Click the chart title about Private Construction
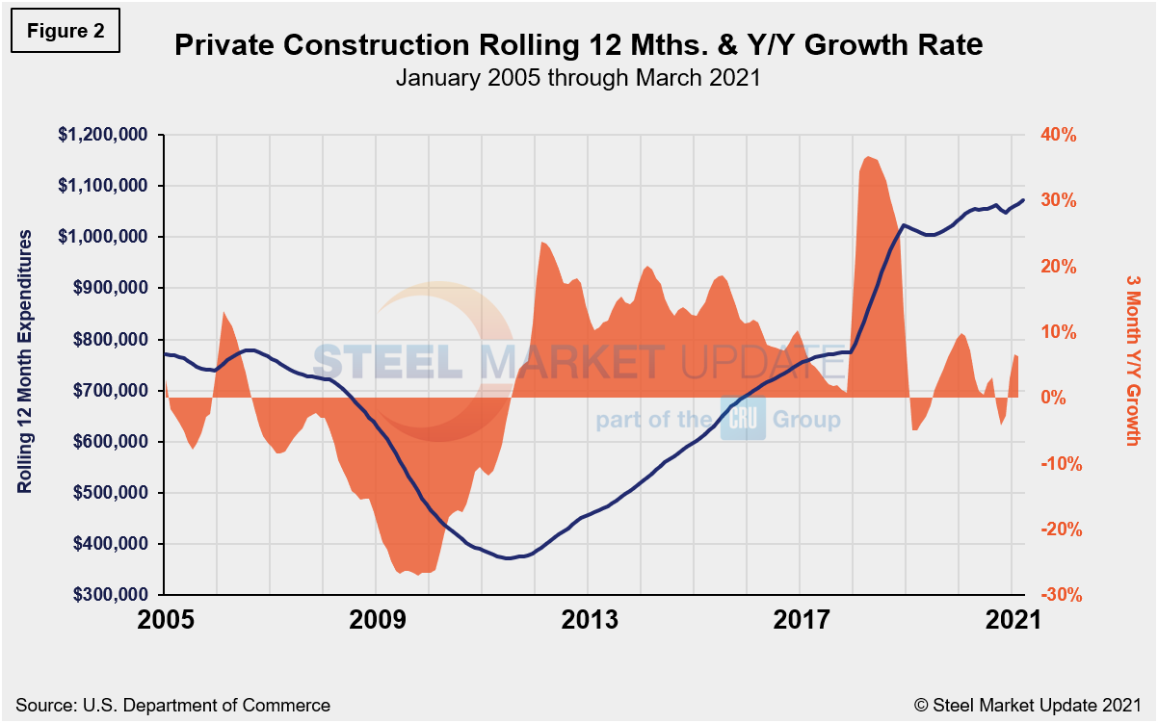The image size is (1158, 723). pyautogui.click(x=578, y=45)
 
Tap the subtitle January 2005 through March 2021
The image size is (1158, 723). pyautogui.click(x=578, y=78)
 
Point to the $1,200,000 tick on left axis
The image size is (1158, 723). pyautogui.click(x=105, y=135)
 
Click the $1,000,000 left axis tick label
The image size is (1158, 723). pyautogui.click(x=105, y=237)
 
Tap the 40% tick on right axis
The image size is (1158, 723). pyautogui.click(x=1058, y=135)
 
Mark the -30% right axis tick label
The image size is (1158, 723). pyautogui.click(x=1058, y=595)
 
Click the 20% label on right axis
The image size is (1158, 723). pyautogui.click(x=1058, y=267)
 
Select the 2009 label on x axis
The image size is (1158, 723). pyautogui.click(x=378, y=620)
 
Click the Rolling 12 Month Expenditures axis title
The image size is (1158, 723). pyautogui.click(x=26, y=361)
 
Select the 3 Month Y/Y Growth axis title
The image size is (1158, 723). pyautogui.click(x=1133, y=361)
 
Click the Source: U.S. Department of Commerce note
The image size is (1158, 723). pyautogui.click(x=173, y=705)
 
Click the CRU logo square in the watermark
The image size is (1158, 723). pyautogui.click(x=743, y=419)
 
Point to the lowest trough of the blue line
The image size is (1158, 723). pyautogui.click(x=508, y=558)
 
